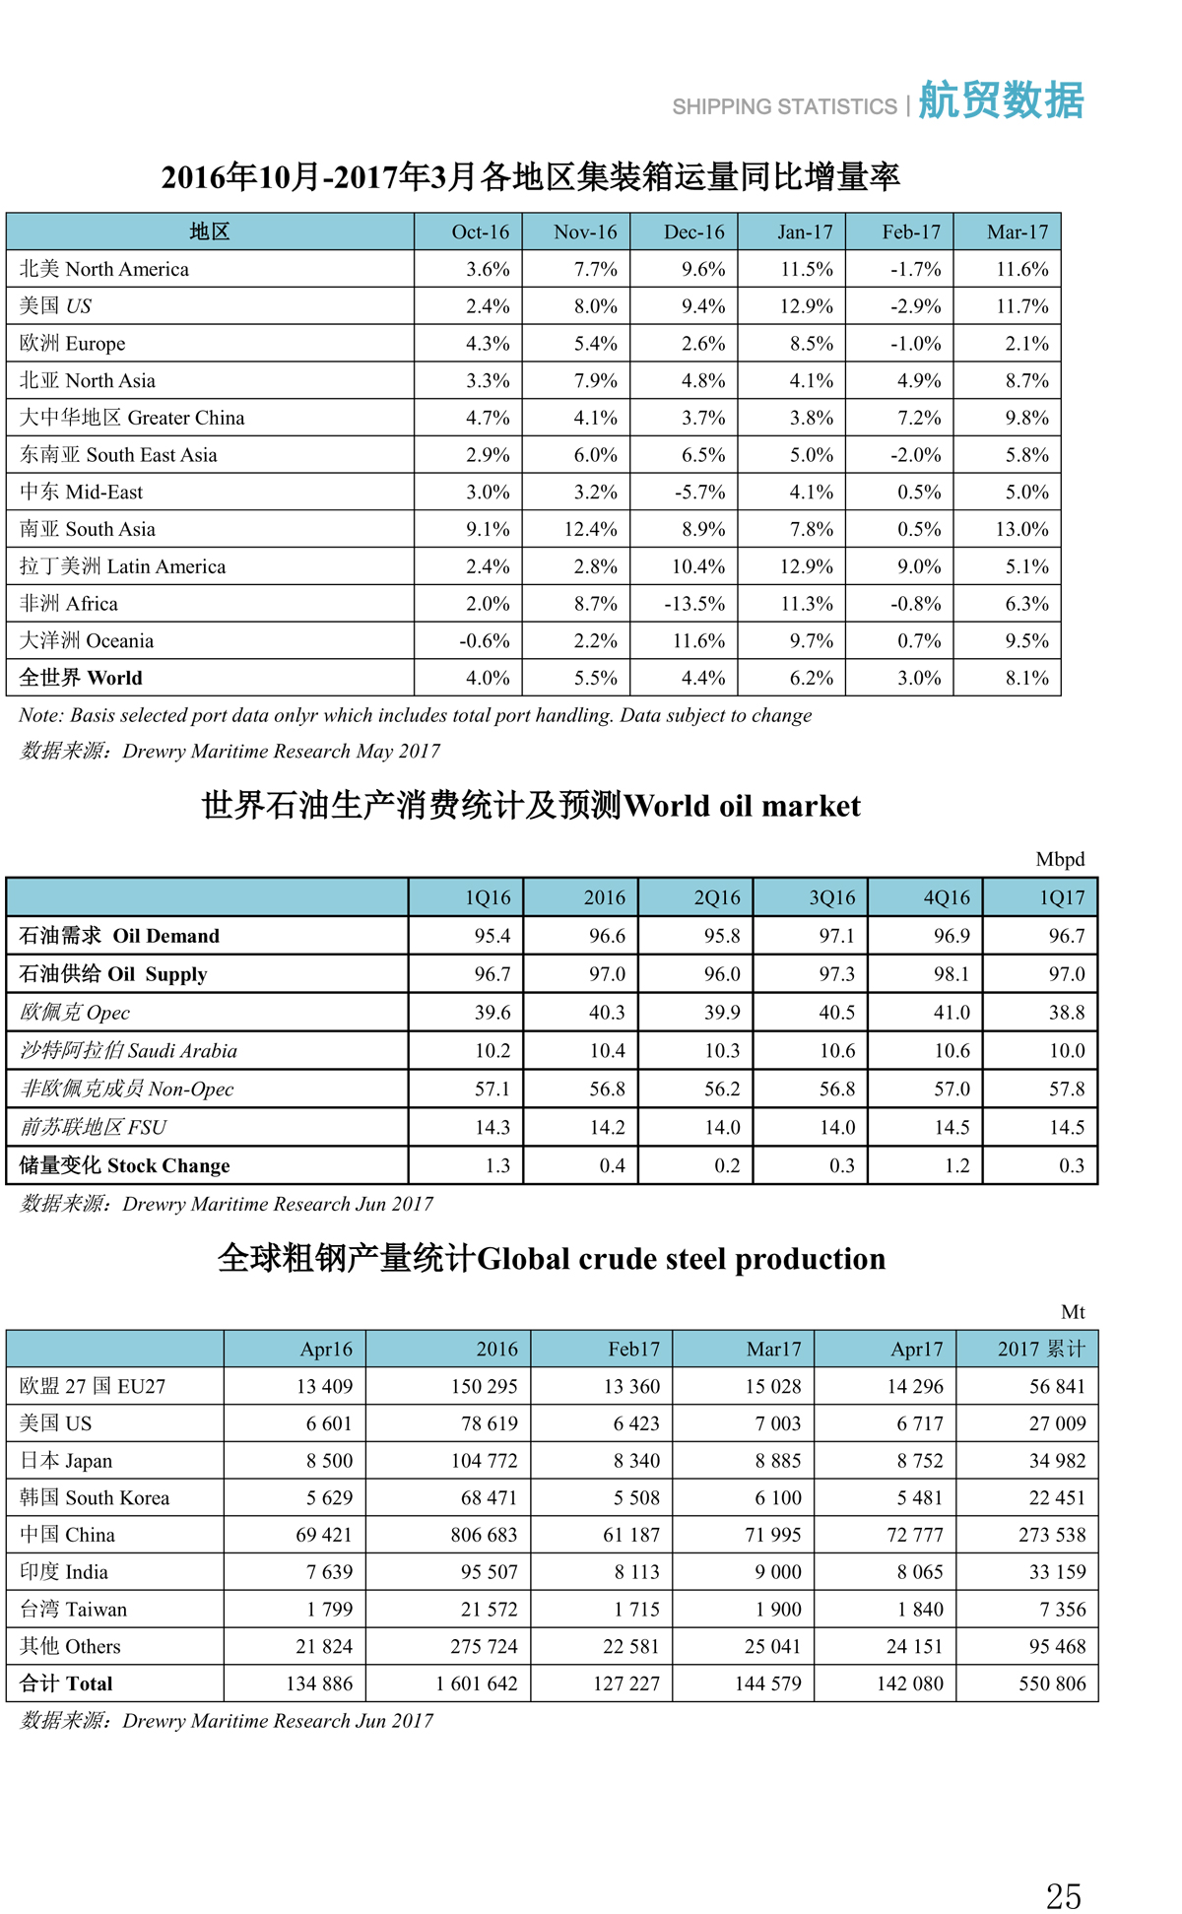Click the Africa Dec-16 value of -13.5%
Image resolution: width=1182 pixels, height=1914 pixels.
694,604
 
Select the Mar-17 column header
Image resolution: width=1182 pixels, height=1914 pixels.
1018,232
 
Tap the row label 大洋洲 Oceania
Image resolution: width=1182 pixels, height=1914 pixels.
87,641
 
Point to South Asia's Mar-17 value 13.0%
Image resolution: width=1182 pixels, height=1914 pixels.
1021,530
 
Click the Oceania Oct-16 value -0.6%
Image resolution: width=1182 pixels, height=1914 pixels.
485,641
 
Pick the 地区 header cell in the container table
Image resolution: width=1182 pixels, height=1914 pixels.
210,232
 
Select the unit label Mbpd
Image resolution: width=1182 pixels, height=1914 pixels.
1060,859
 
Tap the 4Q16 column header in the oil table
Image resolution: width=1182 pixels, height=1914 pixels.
947,898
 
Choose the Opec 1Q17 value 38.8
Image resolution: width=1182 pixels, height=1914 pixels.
1067,1013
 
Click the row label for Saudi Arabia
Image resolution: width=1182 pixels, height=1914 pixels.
128,1051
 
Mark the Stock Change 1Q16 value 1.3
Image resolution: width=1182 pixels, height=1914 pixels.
497,1166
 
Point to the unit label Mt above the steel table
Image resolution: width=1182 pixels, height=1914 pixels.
1073,1312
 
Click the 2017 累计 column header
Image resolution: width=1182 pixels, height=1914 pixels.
1040,1350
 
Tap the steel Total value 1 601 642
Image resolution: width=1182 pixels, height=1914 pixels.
477,1684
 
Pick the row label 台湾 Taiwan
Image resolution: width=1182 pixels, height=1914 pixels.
74,1610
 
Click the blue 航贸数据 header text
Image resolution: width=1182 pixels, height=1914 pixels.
1001,100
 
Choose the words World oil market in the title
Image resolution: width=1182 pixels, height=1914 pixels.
742,807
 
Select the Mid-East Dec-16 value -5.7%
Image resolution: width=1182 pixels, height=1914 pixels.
698,493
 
